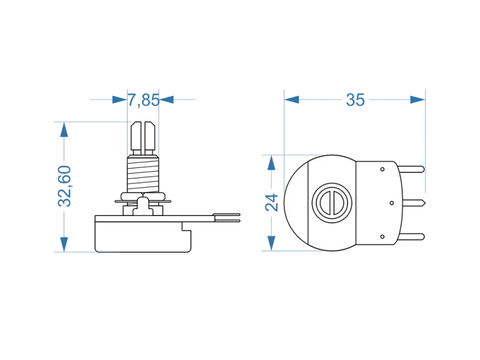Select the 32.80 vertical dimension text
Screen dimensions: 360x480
point(65,187)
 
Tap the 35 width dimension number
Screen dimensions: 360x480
point(355,101)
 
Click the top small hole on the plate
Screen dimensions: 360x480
point(382,169)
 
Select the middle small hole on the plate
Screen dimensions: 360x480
point(391,203)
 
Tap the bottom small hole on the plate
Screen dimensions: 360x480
point(382,237)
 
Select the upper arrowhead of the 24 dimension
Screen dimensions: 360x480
point(272,162)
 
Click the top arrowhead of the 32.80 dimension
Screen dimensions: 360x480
point(65,130)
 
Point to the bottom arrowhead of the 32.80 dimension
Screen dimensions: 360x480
point(65,242)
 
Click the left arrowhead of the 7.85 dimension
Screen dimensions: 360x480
point(119,100)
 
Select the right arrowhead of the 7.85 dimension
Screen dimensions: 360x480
point(168,100)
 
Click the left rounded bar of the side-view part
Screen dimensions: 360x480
point(130,196)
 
